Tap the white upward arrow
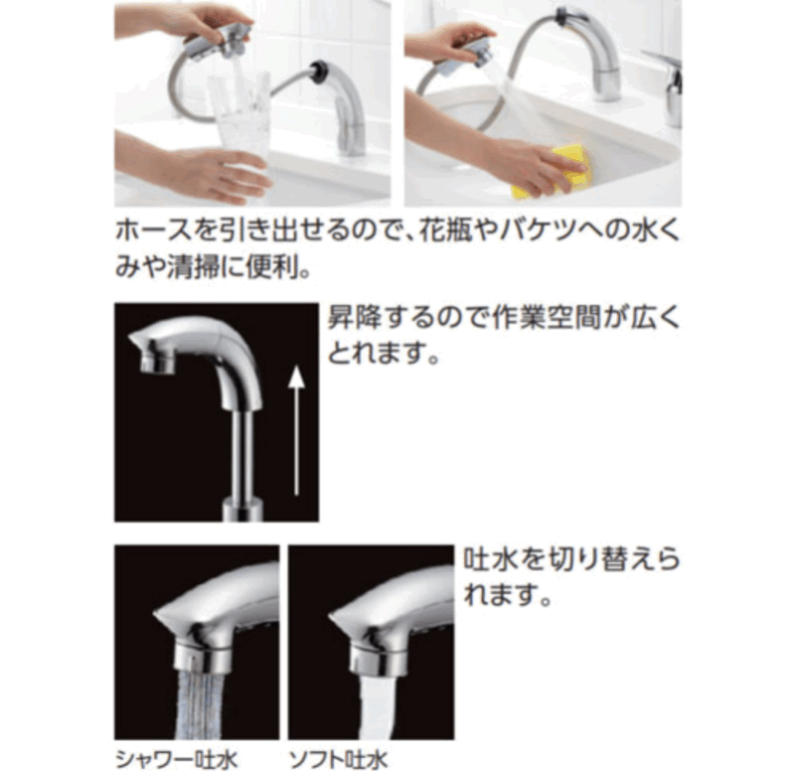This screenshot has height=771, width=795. tap(296, 431)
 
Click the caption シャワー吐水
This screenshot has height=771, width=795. tap(177, 760)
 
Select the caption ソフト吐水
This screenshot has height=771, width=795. tap(338, 760)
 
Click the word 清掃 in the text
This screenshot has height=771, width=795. tap(193, 267)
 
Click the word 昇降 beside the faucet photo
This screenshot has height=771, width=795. tap(354, 318)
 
